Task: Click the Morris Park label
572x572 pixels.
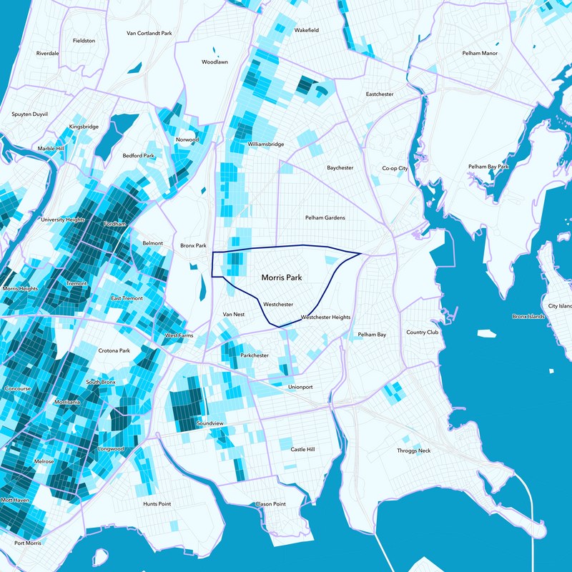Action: point(282,276)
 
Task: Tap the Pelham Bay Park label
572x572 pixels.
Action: point(488,167)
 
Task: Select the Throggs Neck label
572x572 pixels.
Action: point(414,450)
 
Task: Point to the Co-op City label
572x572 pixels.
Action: point(394,168)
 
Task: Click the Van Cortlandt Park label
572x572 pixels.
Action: point(149,33)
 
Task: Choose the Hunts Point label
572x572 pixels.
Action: point(157,504)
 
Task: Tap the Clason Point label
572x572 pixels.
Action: point(270,504)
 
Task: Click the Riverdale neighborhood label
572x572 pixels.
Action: point(47,54)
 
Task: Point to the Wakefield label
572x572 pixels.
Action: point(306,31)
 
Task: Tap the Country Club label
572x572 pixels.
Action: point(422,332)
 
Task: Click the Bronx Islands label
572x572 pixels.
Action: point(528,316)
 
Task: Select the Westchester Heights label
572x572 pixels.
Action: point(325,317)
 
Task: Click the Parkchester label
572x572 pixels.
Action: point(255,355)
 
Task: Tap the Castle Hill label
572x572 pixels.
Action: point(302,449)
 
